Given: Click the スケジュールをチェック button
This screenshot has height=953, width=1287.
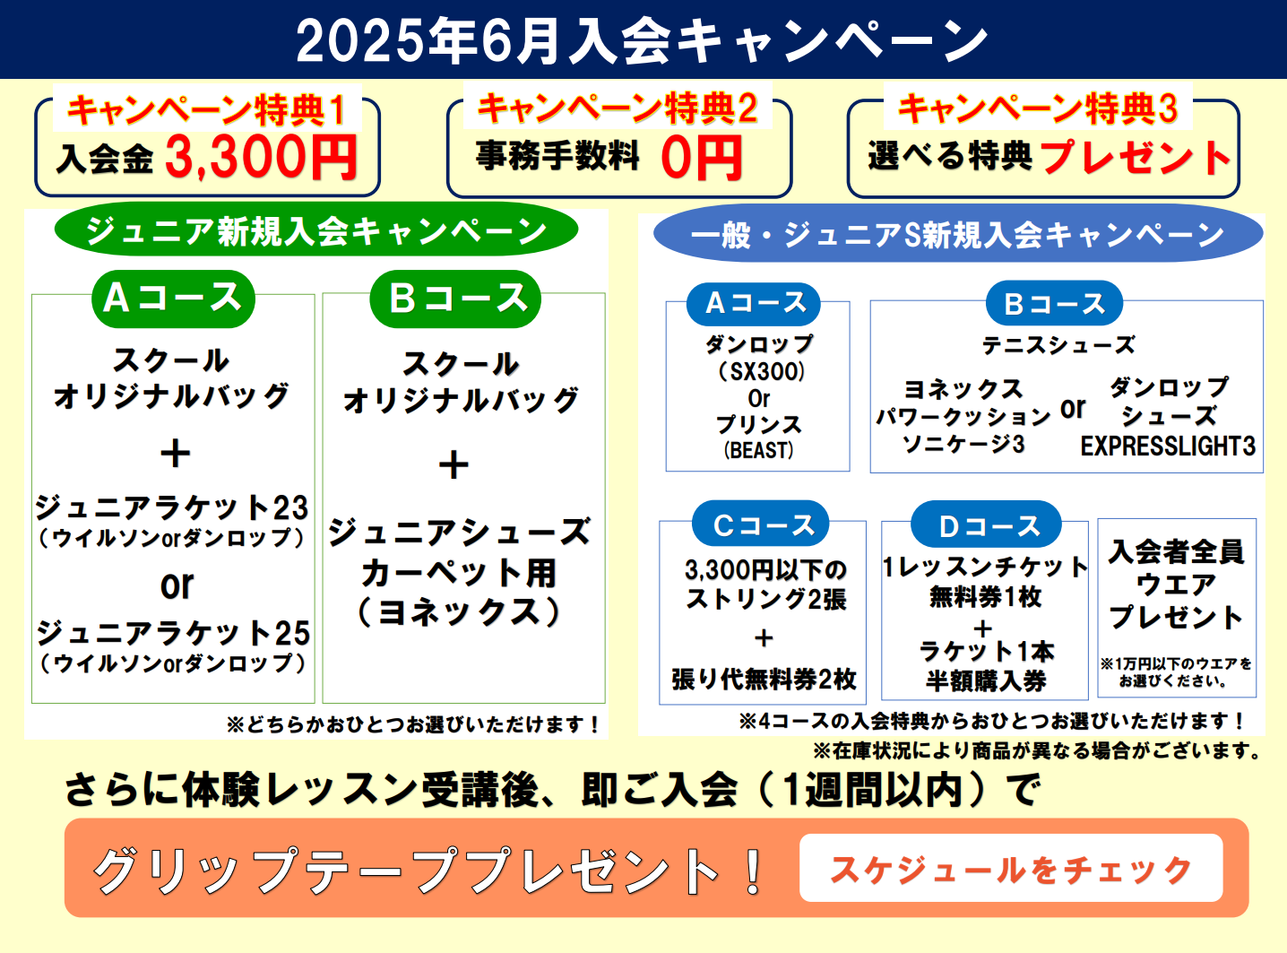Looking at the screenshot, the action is point(1011,868).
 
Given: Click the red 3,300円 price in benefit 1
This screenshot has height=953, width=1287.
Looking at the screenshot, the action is point(261,157).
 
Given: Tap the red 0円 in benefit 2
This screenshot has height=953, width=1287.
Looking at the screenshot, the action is point(702,158).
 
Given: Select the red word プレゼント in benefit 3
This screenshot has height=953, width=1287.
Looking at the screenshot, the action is point(1136,157).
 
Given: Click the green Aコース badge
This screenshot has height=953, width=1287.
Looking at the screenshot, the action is point(173,299).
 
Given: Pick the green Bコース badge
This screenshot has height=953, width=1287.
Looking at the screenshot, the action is point(455,299).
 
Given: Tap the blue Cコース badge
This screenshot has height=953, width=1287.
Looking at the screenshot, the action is point(760,524).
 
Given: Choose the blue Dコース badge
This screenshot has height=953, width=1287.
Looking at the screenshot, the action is point(986,524).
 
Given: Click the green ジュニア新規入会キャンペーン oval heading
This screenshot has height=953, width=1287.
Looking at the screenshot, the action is point(316,230).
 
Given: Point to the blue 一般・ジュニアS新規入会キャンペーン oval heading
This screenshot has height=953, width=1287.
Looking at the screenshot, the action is point(958,233).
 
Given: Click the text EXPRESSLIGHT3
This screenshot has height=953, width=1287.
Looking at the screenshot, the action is point(1168,446).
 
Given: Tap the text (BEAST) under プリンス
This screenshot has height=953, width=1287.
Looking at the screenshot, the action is point(758,450).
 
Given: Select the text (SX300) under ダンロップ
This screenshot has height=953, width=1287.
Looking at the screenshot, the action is point(761,371).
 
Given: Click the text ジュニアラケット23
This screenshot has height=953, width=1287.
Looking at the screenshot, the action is point(172,507).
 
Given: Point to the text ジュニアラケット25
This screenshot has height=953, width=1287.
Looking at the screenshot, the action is point(173,632).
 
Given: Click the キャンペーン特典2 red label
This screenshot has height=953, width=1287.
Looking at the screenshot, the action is point(618,108).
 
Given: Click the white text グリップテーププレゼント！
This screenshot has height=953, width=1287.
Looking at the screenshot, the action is point(428,870).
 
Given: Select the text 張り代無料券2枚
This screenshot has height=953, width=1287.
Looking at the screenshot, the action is point(763,679).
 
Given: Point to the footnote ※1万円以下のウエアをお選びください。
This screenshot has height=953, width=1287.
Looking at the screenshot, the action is point(1176,672).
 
